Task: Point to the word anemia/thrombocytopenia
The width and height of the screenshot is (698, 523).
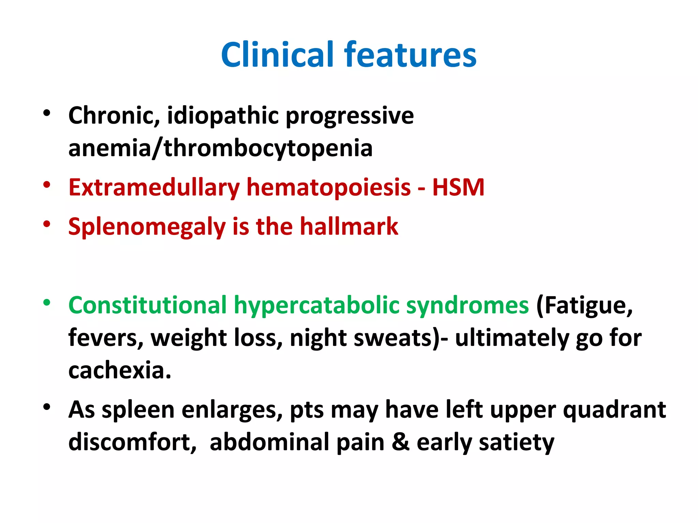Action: pos(220,148)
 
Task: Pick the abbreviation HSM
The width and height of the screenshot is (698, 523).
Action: pos(458,188)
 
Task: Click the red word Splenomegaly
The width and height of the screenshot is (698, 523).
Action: pos(147,227)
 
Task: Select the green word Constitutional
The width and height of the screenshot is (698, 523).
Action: pos(147,305)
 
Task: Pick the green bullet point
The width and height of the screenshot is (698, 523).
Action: pos(47,302)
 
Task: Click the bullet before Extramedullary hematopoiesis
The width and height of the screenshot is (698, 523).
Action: pos(47,185)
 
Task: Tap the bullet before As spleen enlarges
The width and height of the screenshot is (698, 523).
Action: pos(47,407)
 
